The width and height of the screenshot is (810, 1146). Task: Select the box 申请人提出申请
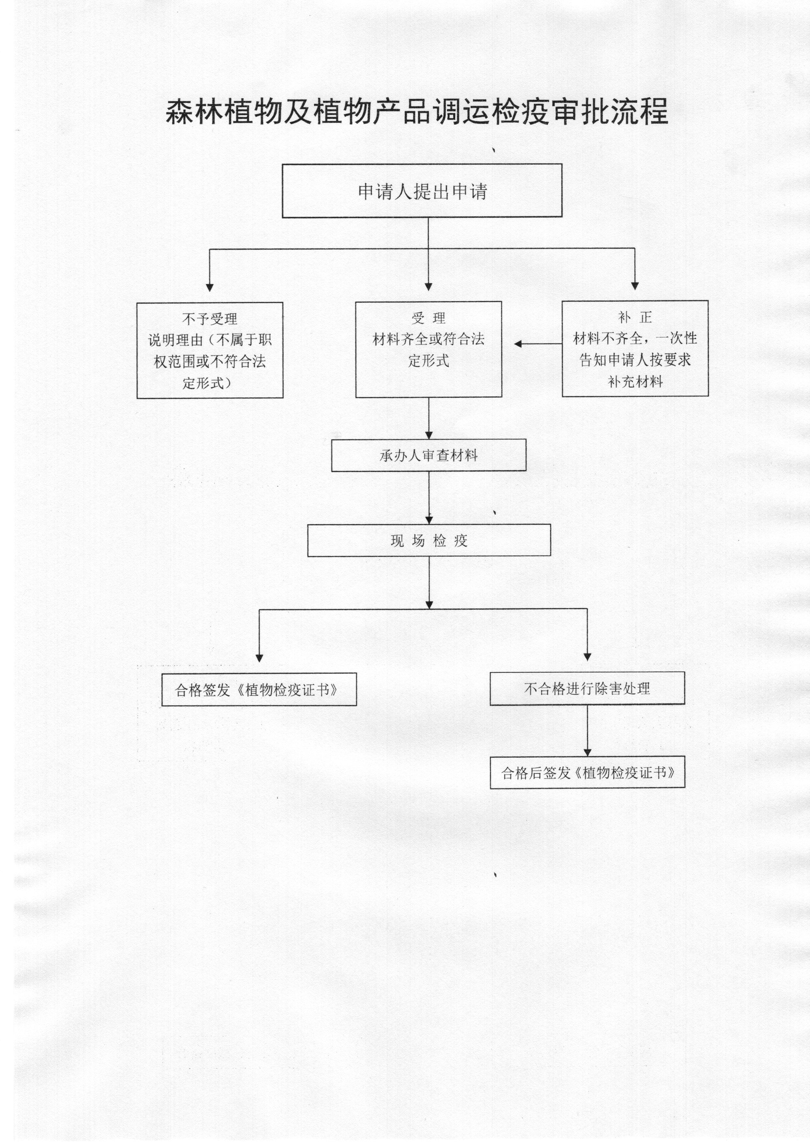(422, 191)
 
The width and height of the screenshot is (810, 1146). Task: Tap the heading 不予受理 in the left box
(210, 319)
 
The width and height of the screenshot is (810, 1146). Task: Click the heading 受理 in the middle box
(429, 318)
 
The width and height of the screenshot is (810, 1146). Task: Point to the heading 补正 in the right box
(635, 317)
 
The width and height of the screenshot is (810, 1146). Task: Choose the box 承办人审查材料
(429, 455)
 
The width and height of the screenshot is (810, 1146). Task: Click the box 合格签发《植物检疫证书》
(259, 689)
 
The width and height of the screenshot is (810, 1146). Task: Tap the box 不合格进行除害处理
(587, 688)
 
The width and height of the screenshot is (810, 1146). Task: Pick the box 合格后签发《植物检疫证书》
(587, 773)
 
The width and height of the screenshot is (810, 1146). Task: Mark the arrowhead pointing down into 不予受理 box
(210, 288)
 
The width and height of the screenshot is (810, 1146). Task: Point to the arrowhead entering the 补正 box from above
(635, 286)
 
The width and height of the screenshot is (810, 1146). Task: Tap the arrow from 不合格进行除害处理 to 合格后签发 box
(587, 731)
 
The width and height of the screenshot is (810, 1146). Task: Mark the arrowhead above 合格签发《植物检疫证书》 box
(259, 658)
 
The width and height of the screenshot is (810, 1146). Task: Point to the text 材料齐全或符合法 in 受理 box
(429, 339)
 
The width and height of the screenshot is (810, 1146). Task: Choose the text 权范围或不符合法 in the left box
(210, 361)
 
